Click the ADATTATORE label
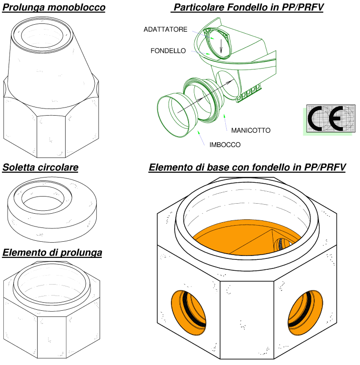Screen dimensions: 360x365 coord(165,30)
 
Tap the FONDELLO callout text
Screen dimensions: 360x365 coord(168,51)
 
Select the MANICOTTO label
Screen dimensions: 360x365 coord(251,130)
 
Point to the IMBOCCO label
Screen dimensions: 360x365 coord(225,145)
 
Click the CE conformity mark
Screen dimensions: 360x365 coord(330,118)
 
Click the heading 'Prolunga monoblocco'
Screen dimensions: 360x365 coord(54,7)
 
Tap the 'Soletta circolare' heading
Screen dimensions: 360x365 coord(40,168)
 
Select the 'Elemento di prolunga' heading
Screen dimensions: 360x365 coord(52,253)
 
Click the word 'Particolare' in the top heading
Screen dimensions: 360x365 coord(199,7)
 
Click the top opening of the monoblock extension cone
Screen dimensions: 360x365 coord(42,35)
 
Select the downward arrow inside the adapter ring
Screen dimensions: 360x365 coord(221,46)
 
